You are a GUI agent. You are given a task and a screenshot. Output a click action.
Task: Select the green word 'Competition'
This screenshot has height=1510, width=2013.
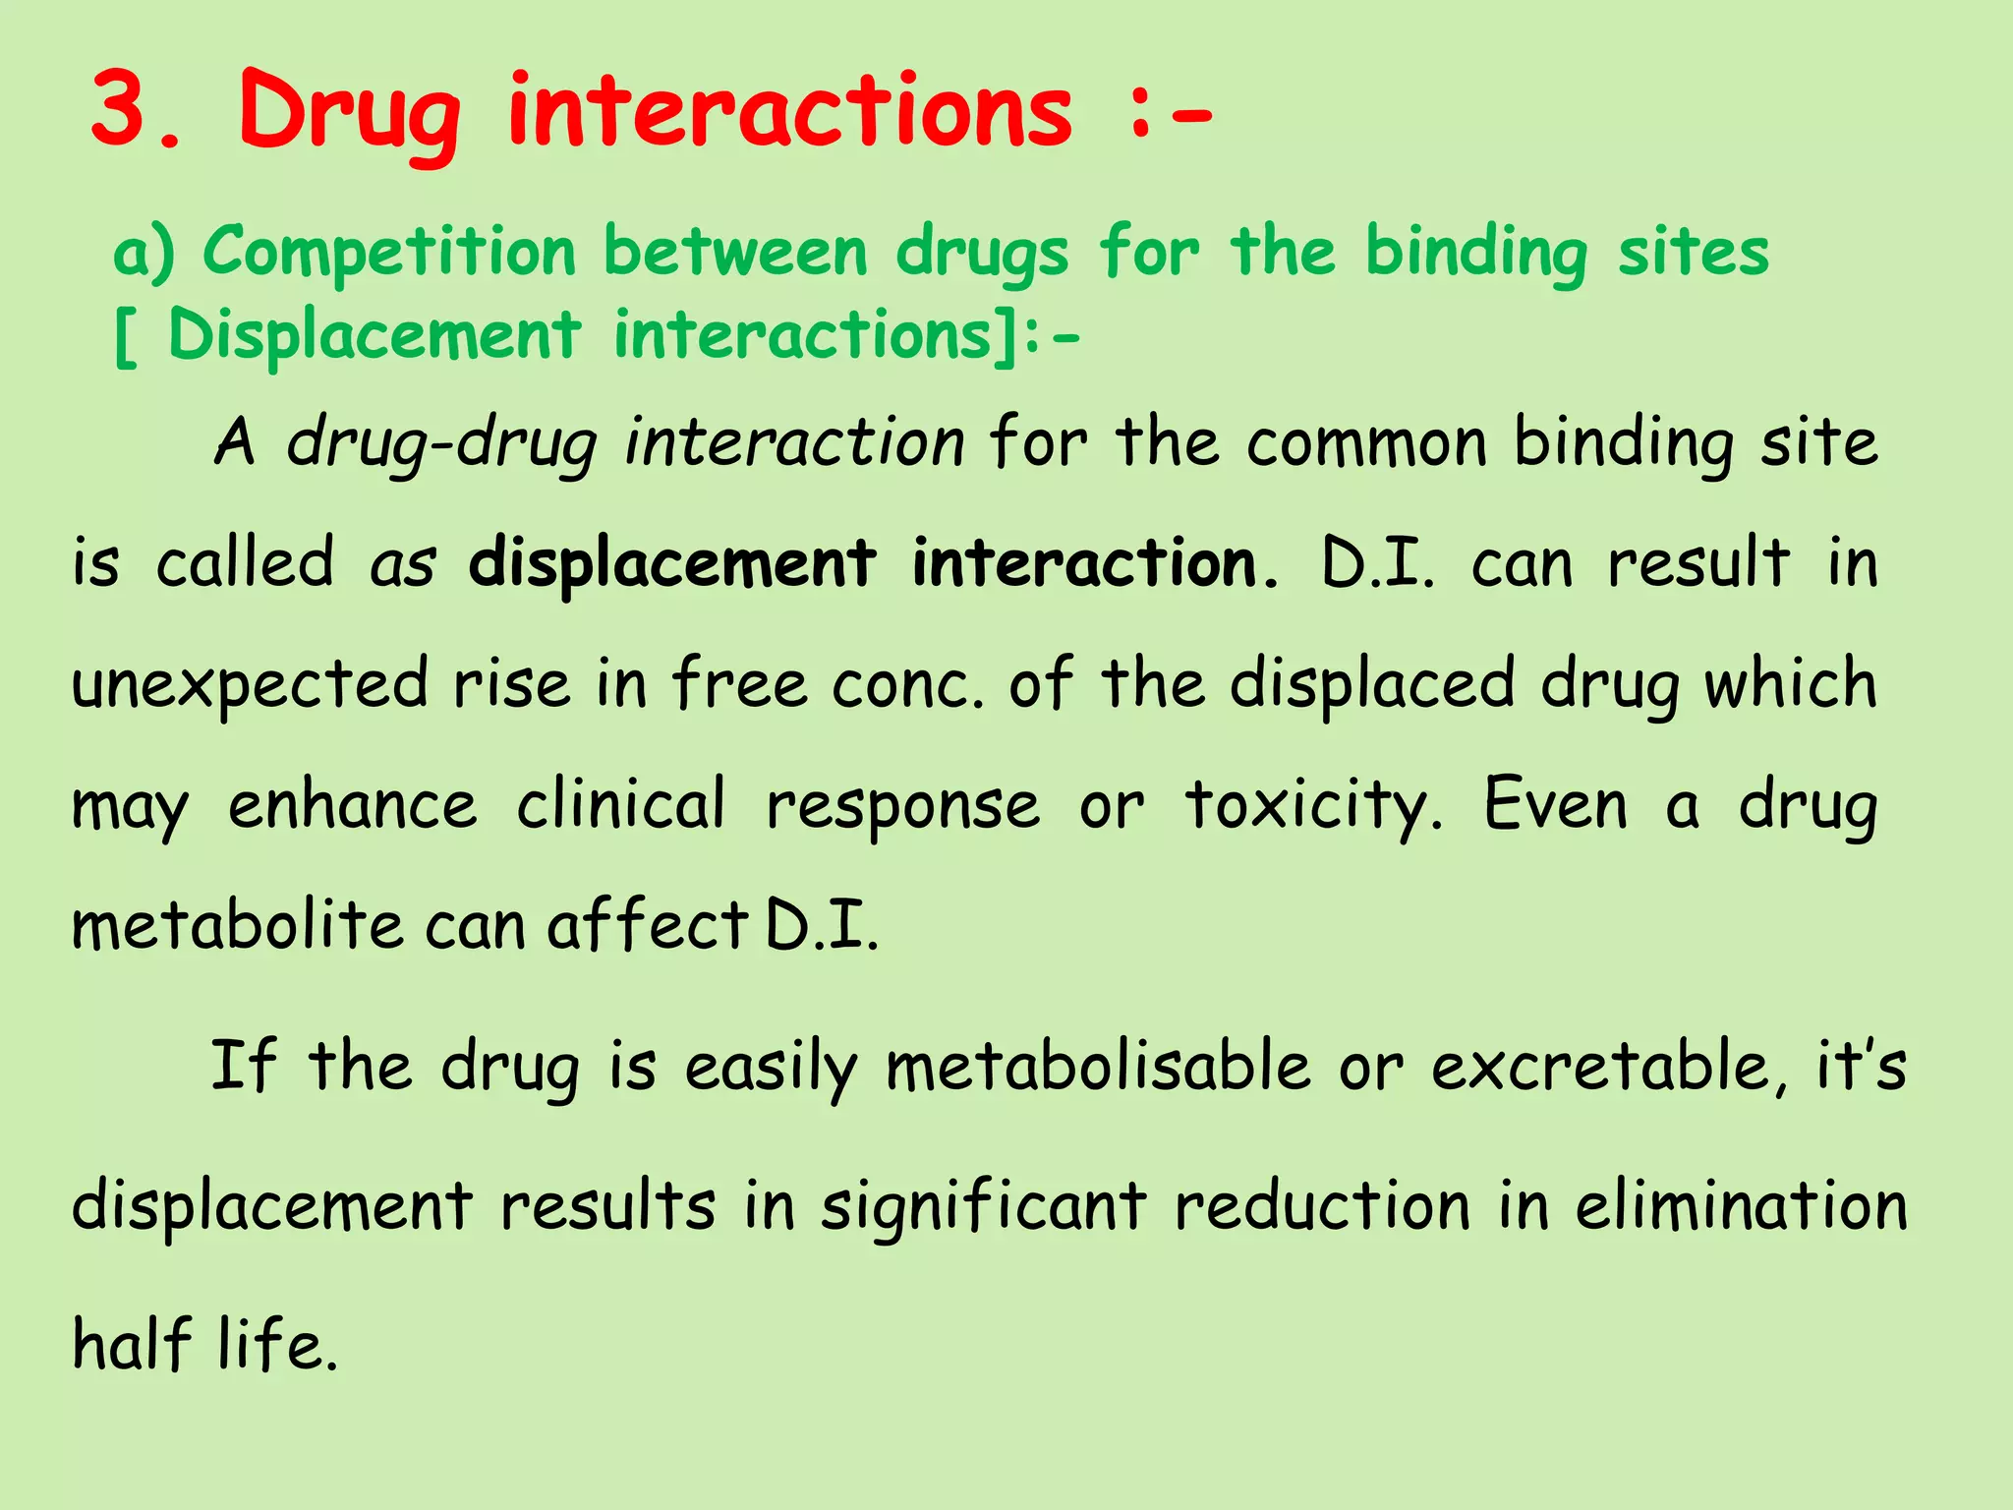(x=389, y=251)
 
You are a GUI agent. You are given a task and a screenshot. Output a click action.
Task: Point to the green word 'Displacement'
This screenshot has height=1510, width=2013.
(x=374, y=335)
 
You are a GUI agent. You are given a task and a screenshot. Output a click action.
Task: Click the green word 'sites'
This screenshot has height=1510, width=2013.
(x=1693, y=251)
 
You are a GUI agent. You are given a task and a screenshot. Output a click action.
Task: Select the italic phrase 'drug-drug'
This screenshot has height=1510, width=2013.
(x=441, y=443)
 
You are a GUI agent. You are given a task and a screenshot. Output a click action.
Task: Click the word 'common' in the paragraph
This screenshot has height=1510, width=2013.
(x=1367, y=443)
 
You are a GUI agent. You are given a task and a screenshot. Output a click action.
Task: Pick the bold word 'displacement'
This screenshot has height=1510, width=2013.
(x=671, y=564)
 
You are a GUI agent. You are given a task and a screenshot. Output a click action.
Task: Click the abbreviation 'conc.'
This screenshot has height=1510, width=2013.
(x=907, y=685)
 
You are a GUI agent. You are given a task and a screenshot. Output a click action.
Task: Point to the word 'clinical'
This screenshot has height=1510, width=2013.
(x=621, y=805)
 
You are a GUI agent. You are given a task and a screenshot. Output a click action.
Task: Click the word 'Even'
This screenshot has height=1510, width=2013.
(x=1555, y=805)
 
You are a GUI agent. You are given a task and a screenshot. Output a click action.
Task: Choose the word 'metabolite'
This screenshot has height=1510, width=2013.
(x=237, y=926)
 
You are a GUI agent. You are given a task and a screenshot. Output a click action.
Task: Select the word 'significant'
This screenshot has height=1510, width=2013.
(x=984, y=1206)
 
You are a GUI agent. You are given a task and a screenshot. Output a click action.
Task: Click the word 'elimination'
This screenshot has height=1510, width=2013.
(x=1741, y=1206)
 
